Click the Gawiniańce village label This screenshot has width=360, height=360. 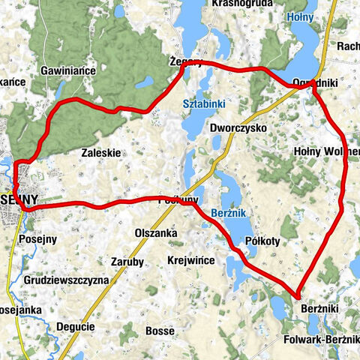pyautogui.click(x=73, y=70)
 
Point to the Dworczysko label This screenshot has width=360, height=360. pyautogui.click(x=238, y=127)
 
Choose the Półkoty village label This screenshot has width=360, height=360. pyautogui.click(x=262, y=241)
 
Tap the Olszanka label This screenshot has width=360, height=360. pyautogui.click(x=154, y=233)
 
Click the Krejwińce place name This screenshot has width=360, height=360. pyautogui.click(x=191, y=259)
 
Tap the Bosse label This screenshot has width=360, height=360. pyautogui.click(x=160, y=330)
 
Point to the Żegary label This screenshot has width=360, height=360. pyautogui.click(x=186, y=63)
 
